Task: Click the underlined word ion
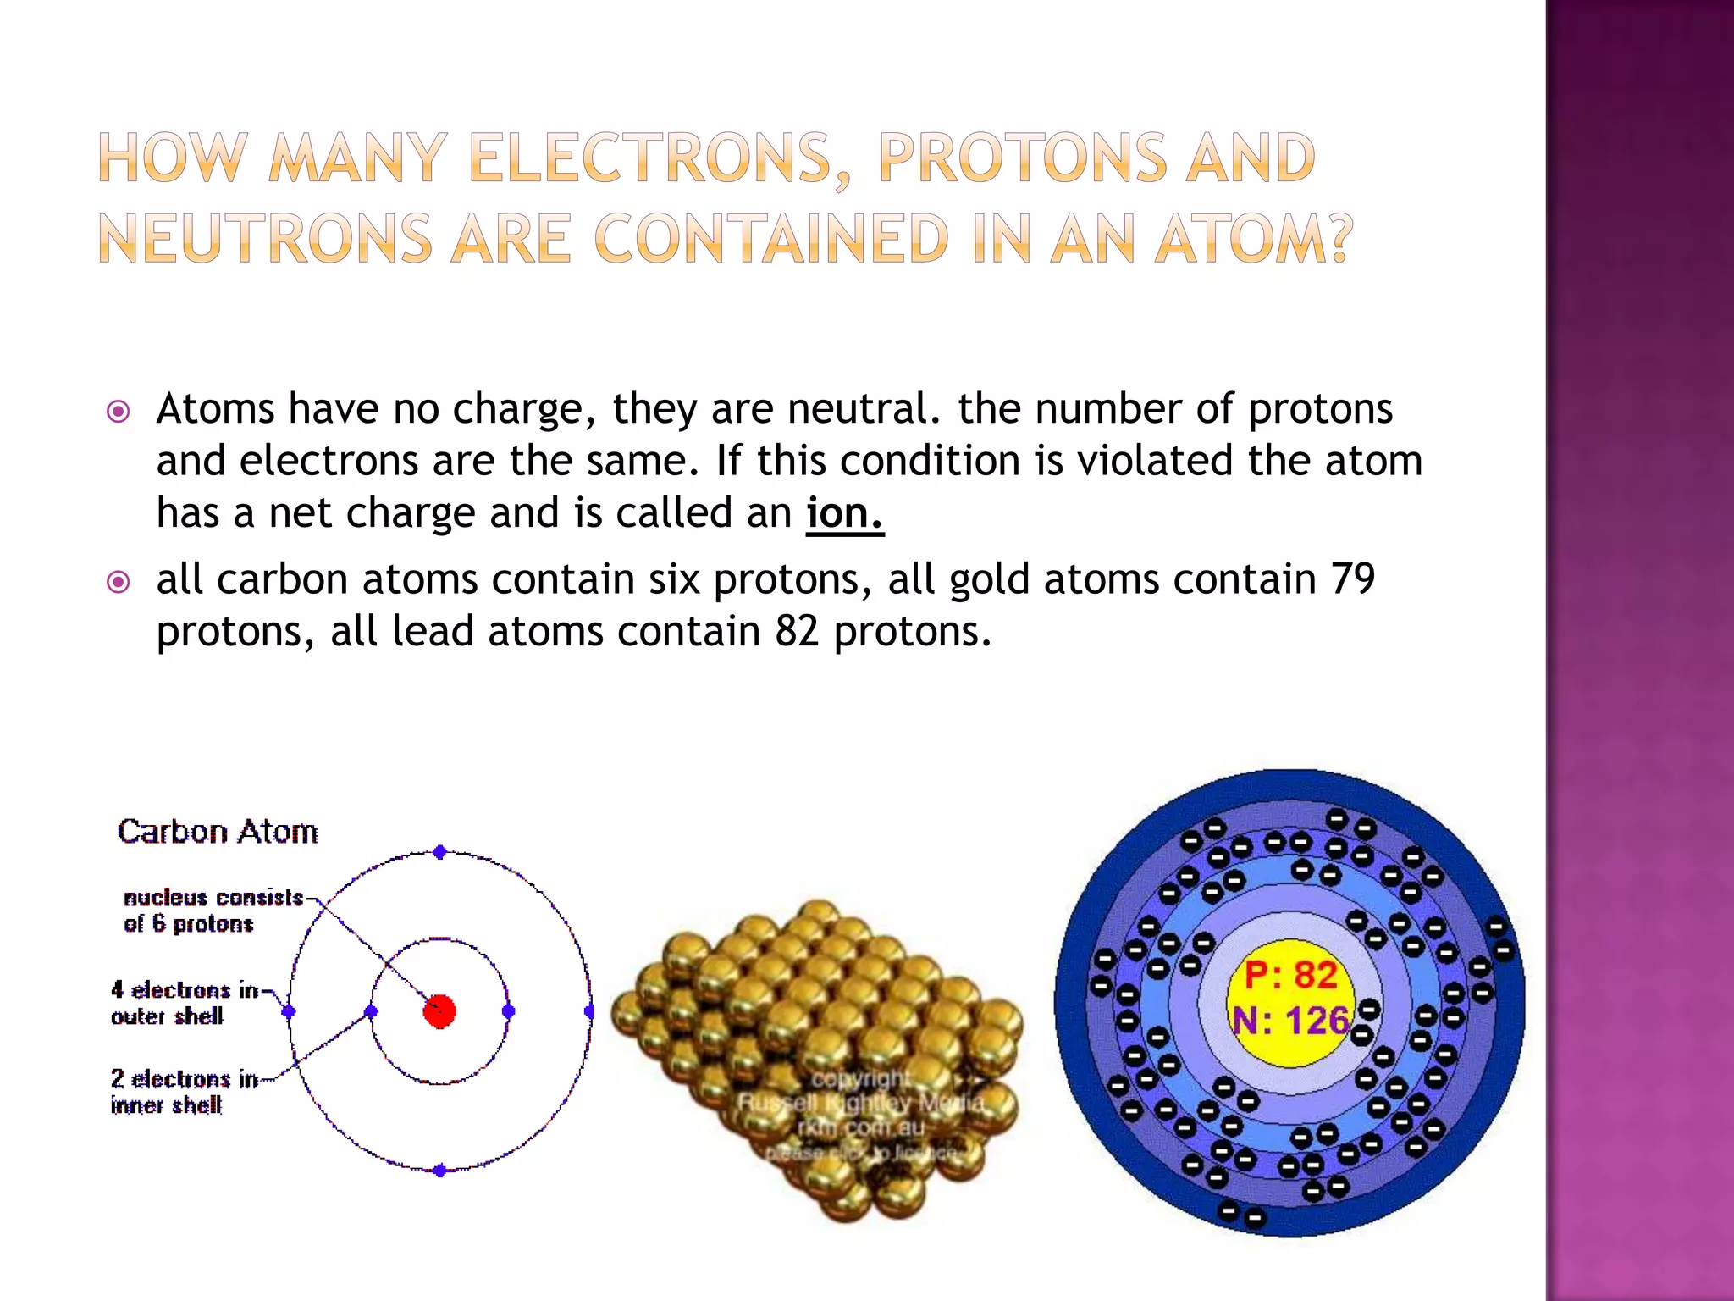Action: (x=843, y=513)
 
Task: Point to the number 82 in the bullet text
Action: (x=797, y=632)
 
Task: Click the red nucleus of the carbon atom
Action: (x=439, y=1011)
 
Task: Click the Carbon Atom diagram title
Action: (x=218, y=832)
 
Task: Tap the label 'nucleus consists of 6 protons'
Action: (x=213, y=911)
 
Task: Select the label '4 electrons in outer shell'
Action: (x=184, y=1003)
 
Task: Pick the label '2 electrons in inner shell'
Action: (x=184, y=1092)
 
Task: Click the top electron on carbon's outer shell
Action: (x=439, y=852)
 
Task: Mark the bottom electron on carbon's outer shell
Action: (x=439, y=1171)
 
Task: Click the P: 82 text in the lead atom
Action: (x=1290, y=975)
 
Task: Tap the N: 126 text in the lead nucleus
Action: (x=1290, y=1021)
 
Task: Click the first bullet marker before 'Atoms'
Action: (x=119, y=412)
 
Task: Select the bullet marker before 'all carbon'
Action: (x=119, y=582)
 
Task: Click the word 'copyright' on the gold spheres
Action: (x=862, y=1079)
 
